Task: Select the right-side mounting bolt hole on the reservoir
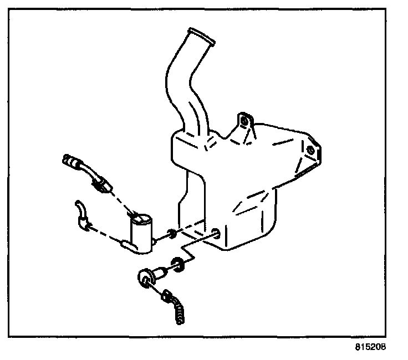(x=311, y=150)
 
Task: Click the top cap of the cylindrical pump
(x=141, y=220)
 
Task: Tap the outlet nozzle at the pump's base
(x=126, y=244)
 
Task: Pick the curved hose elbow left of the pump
(x=81, y=213)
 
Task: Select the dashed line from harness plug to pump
(x=122, y=200)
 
